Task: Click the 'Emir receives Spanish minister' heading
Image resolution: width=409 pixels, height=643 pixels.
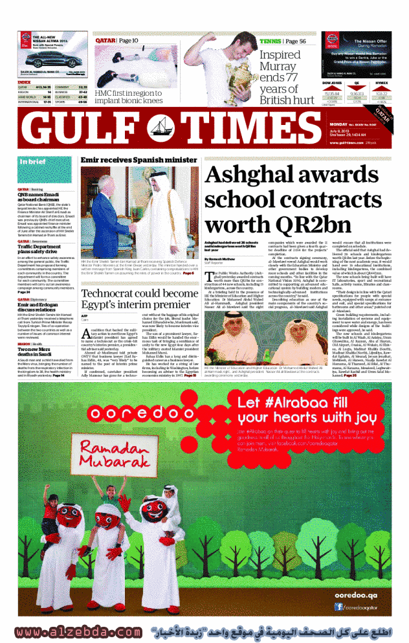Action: tap(138, 159)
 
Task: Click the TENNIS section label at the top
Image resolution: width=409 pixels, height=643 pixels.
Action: tap(271, 41)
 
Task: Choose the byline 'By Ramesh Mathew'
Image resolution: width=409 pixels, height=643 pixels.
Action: tap(225, 258)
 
